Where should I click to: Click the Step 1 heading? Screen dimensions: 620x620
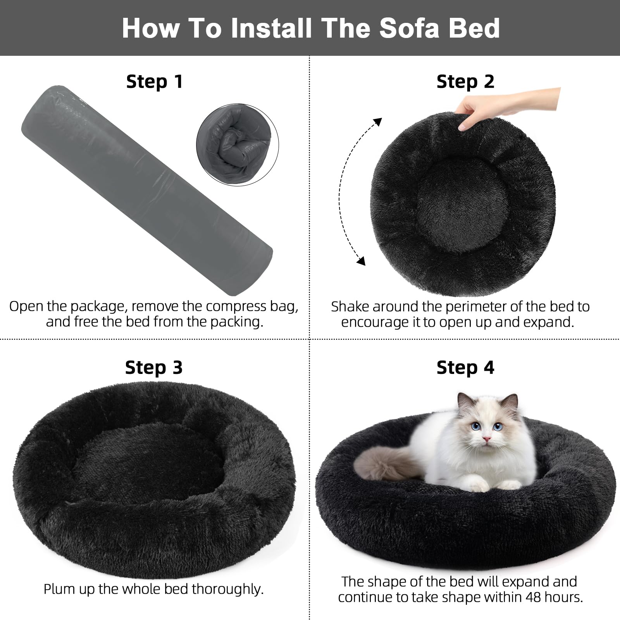154,82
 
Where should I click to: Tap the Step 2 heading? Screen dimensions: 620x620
465,82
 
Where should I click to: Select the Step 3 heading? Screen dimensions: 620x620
154,367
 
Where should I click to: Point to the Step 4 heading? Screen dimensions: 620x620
465,367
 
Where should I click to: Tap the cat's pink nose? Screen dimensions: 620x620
486,439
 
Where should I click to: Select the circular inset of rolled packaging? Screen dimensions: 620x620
237,145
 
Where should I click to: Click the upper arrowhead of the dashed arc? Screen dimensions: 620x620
377,122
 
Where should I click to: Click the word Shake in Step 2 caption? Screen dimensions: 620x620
350,307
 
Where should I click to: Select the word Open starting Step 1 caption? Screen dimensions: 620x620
26,307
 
